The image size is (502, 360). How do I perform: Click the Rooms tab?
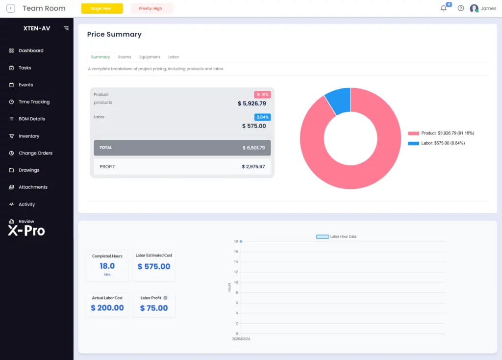point(125,57)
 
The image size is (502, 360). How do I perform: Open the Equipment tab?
point(150,57)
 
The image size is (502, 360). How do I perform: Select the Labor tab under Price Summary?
point(174,57)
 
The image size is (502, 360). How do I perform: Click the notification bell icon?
point(443,8)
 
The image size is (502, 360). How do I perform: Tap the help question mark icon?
point(461,8)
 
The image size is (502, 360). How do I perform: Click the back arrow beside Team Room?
point(11,8)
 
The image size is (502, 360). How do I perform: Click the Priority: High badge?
point(151,8)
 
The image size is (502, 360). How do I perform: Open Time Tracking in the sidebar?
point(34,102)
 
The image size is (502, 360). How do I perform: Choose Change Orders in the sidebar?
point(35,153)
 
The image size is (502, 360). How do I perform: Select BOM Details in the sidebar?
point(32,119)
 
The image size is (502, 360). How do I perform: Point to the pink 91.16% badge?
point(262,95)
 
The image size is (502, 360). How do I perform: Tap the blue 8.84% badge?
point(263,117)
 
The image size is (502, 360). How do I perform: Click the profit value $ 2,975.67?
point(253,167)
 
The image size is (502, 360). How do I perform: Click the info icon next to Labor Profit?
point(165,298)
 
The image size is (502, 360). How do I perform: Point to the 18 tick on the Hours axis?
point(236,241)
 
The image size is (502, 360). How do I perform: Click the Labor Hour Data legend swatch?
point(323,237)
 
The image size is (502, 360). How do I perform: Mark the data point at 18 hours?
point(241,241)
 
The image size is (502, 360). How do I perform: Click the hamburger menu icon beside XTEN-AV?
point(66,28)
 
